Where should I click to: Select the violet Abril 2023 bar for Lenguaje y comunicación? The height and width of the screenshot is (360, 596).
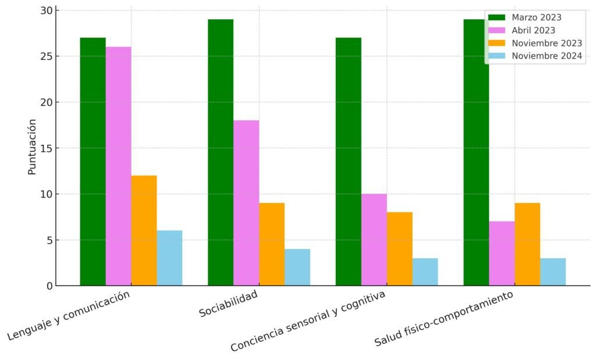pyautogui.click(x=118, y=166)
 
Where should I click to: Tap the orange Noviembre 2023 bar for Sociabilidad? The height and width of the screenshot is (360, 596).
pyautogui.click(x=272, y=244)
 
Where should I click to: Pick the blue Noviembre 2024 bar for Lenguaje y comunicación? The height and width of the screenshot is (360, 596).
pyautogui.click(x=169, y=258)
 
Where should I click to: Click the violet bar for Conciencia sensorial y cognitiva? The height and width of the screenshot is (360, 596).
pyautogui.click(x=374, y=240)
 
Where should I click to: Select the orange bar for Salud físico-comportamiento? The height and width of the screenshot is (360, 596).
pyautogui.click(x=527, y=244)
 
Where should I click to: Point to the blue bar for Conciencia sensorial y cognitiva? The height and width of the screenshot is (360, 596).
pyautogui.click(x=425, y=272)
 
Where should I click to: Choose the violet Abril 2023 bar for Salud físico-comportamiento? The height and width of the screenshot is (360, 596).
pyautogui.click(x=502, y=254)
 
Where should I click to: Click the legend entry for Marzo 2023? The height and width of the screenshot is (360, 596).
pyautogui.click(x=536, y=17)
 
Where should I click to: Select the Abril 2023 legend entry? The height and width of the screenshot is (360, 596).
pyautogui.click(x=533, y=30)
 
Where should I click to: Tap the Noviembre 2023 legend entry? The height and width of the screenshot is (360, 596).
pyautogui.click(x=547, y=43)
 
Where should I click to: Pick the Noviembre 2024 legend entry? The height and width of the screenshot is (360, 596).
pyautogui.click(x=547, y=56)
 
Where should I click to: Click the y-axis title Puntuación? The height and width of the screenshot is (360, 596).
pyautogui.click(x=32, y=147)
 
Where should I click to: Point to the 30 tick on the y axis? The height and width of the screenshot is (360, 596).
pyautogui.click(x=47, y=10)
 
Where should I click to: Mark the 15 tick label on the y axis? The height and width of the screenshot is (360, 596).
pyautogui.click(x=47, y=148)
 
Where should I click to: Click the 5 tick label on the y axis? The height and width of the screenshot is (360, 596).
pyautogui.click(x=49, y=240)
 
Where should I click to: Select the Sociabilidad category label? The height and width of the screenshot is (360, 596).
pyautogui.click(x=228, y=304)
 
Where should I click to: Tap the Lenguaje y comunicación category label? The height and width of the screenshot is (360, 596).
pyautogui.click(x=68, y=316)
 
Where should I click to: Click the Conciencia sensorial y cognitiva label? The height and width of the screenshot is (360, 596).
pyautogui.click(x=308, y=321)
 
